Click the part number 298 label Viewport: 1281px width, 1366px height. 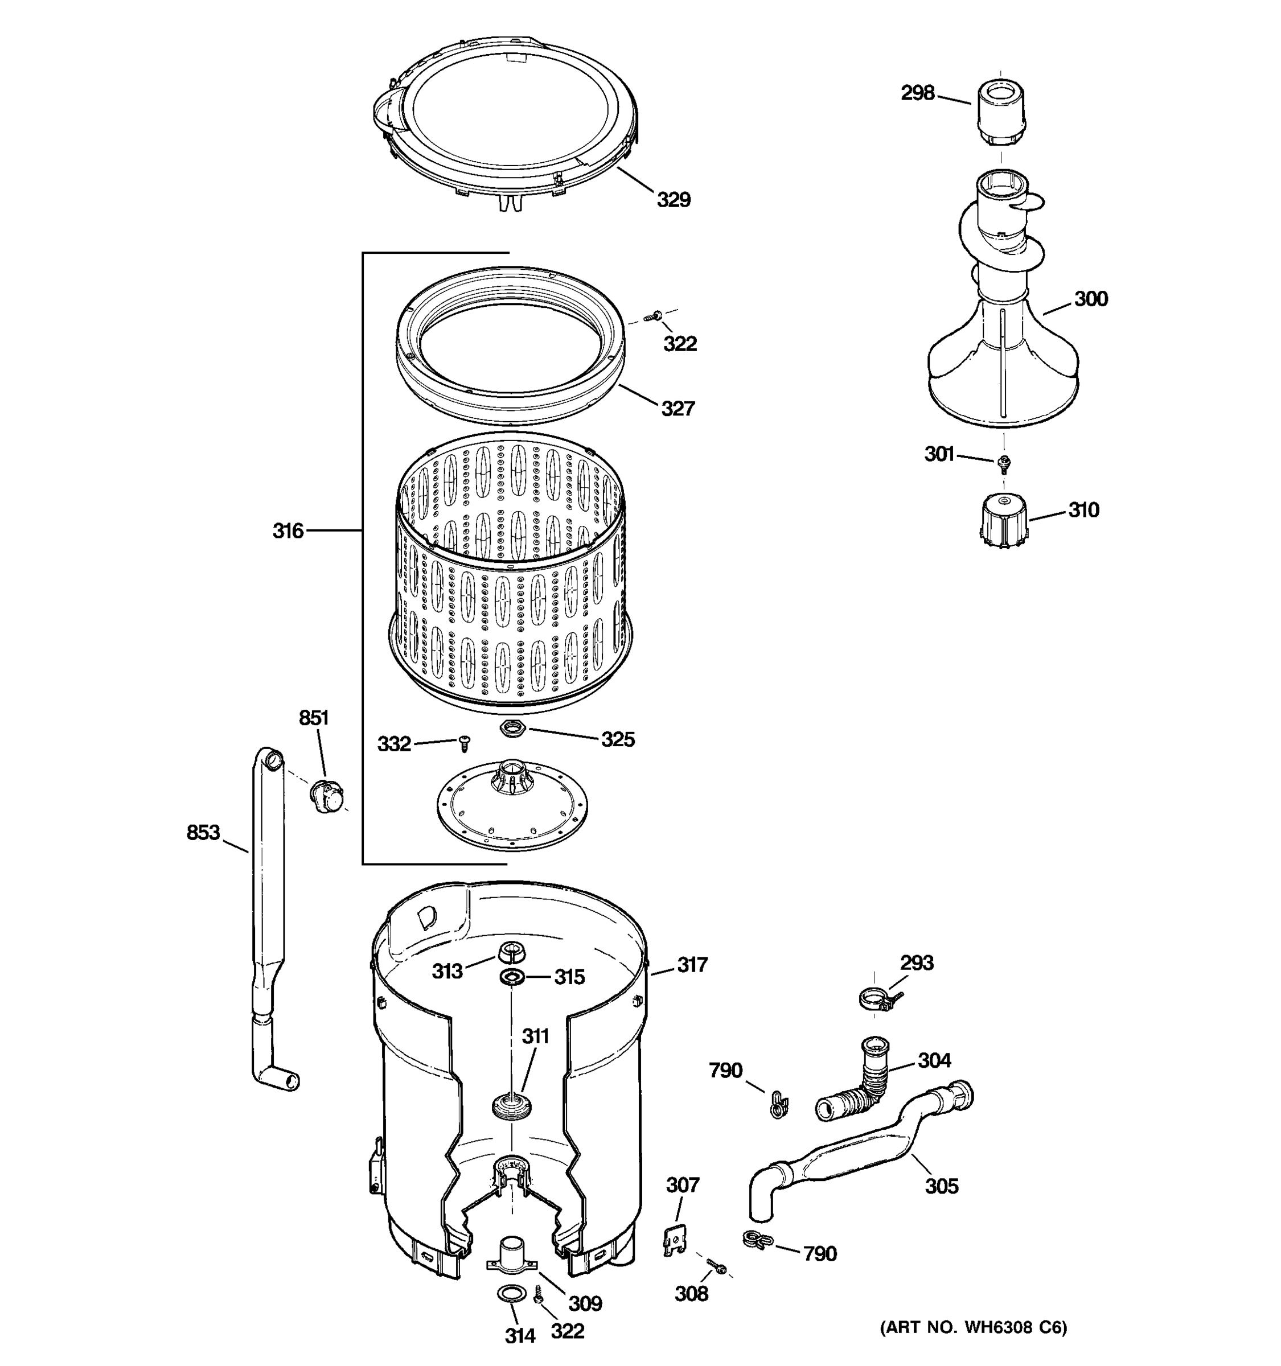[x=917, y=93]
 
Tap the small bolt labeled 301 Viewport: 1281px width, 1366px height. [x=1003, y=464]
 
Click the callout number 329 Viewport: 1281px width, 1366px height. [x=673, y=200]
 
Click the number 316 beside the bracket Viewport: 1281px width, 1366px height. [x=288, y=530]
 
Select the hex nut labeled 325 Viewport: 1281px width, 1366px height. [x=511, y=729]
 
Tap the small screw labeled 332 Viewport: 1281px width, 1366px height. [x=465, y=743]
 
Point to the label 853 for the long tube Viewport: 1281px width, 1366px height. [x=203, y=833]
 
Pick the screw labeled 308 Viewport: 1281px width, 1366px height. [x=717, y=1267]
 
